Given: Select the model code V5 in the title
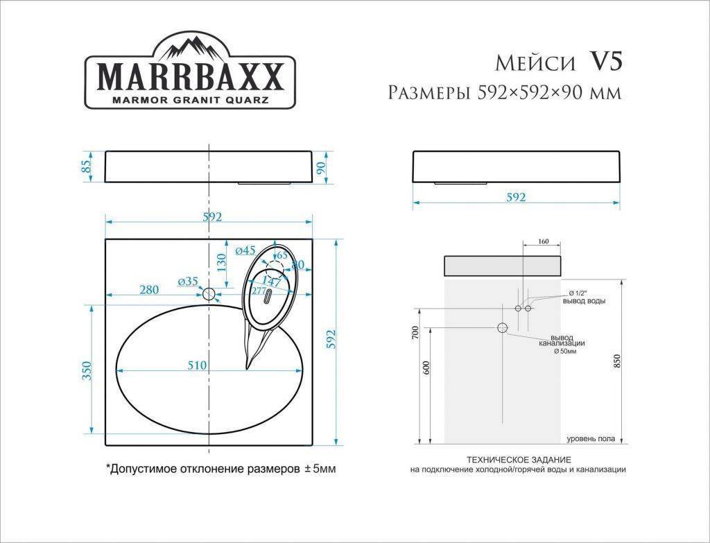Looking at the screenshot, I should (x=605, y=62).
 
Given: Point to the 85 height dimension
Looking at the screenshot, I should (x=86, y=167).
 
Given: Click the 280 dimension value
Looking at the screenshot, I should (x=149, y=289).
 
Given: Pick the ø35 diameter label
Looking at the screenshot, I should (x=187, y=281).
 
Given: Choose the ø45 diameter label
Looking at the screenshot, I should (x=245, y=250).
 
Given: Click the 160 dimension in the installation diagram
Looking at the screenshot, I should (x=543, y=241).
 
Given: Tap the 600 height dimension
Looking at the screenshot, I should (x=426, y=369).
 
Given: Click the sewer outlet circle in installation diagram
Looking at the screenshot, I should (x=503, y=327).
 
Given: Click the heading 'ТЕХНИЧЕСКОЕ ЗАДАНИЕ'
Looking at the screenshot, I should (x=519, y=460).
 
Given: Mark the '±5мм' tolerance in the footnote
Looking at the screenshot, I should (x=320, y=469).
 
